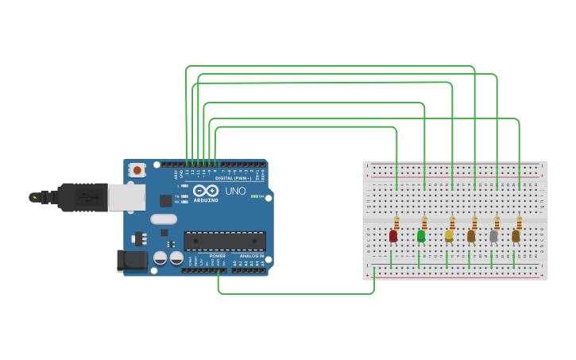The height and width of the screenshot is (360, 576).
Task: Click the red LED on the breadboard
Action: tap(393, 236)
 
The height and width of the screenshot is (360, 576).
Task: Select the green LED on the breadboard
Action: tap(421, 236)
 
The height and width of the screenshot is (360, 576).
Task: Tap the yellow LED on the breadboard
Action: tap(449, 236)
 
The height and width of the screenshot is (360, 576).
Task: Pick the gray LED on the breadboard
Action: tap(493, 236)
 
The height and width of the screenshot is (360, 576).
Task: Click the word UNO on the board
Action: tap(236, 192)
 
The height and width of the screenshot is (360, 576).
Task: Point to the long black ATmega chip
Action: tap(225, 240)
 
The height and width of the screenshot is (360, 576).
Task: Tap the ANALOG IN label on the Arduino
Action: tap(251, 256)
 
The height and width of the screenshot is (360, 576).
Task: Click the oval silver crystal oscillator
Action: tap(163, 219)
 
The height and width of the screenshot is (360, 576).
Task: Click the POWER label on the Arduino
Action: tap(218, 256)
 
